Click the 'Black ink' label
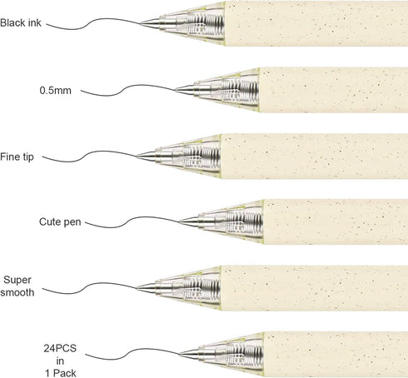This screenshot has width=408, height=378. coord(21,22)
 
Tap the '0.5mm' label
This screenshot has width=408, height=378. coord(56,91)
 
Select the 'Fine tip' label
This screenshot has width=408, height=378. coord(17,157)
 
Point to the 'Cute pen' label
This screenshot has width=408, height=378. coord(60,222)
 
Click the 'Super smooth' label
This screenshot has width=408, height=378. coord(17,286)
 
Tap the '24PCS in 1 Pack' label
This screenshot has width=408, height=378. coord(60,361)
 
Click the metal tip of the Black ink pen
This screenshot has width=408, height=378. coord(150,23)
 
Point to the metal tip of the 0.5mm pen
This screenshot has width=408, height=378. coord(184,90)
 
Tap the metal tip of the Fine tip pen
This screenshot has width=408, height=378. coord(147,156)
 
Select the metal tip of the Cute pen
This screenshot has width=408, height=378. coord(189,221)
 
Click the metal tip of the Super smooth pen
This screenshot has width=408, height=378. coord(147,288)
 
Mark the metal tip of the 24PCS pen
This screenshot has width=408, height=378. coord(190,354)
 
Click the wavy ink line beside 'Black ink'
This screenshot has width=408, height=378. coord(93,22)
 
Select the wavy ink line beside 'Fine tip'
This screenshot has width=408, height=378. coord(89,155)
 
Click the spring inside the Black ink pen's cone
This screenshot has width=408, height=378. coord(206,23)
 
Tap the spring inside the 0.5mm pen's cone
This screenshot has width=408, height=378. coord(241,90)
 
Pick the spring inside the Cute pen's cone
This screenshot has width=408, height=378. coord(245,222)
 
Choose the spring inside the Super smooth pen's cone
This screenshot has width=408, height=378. coord(202,289)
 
